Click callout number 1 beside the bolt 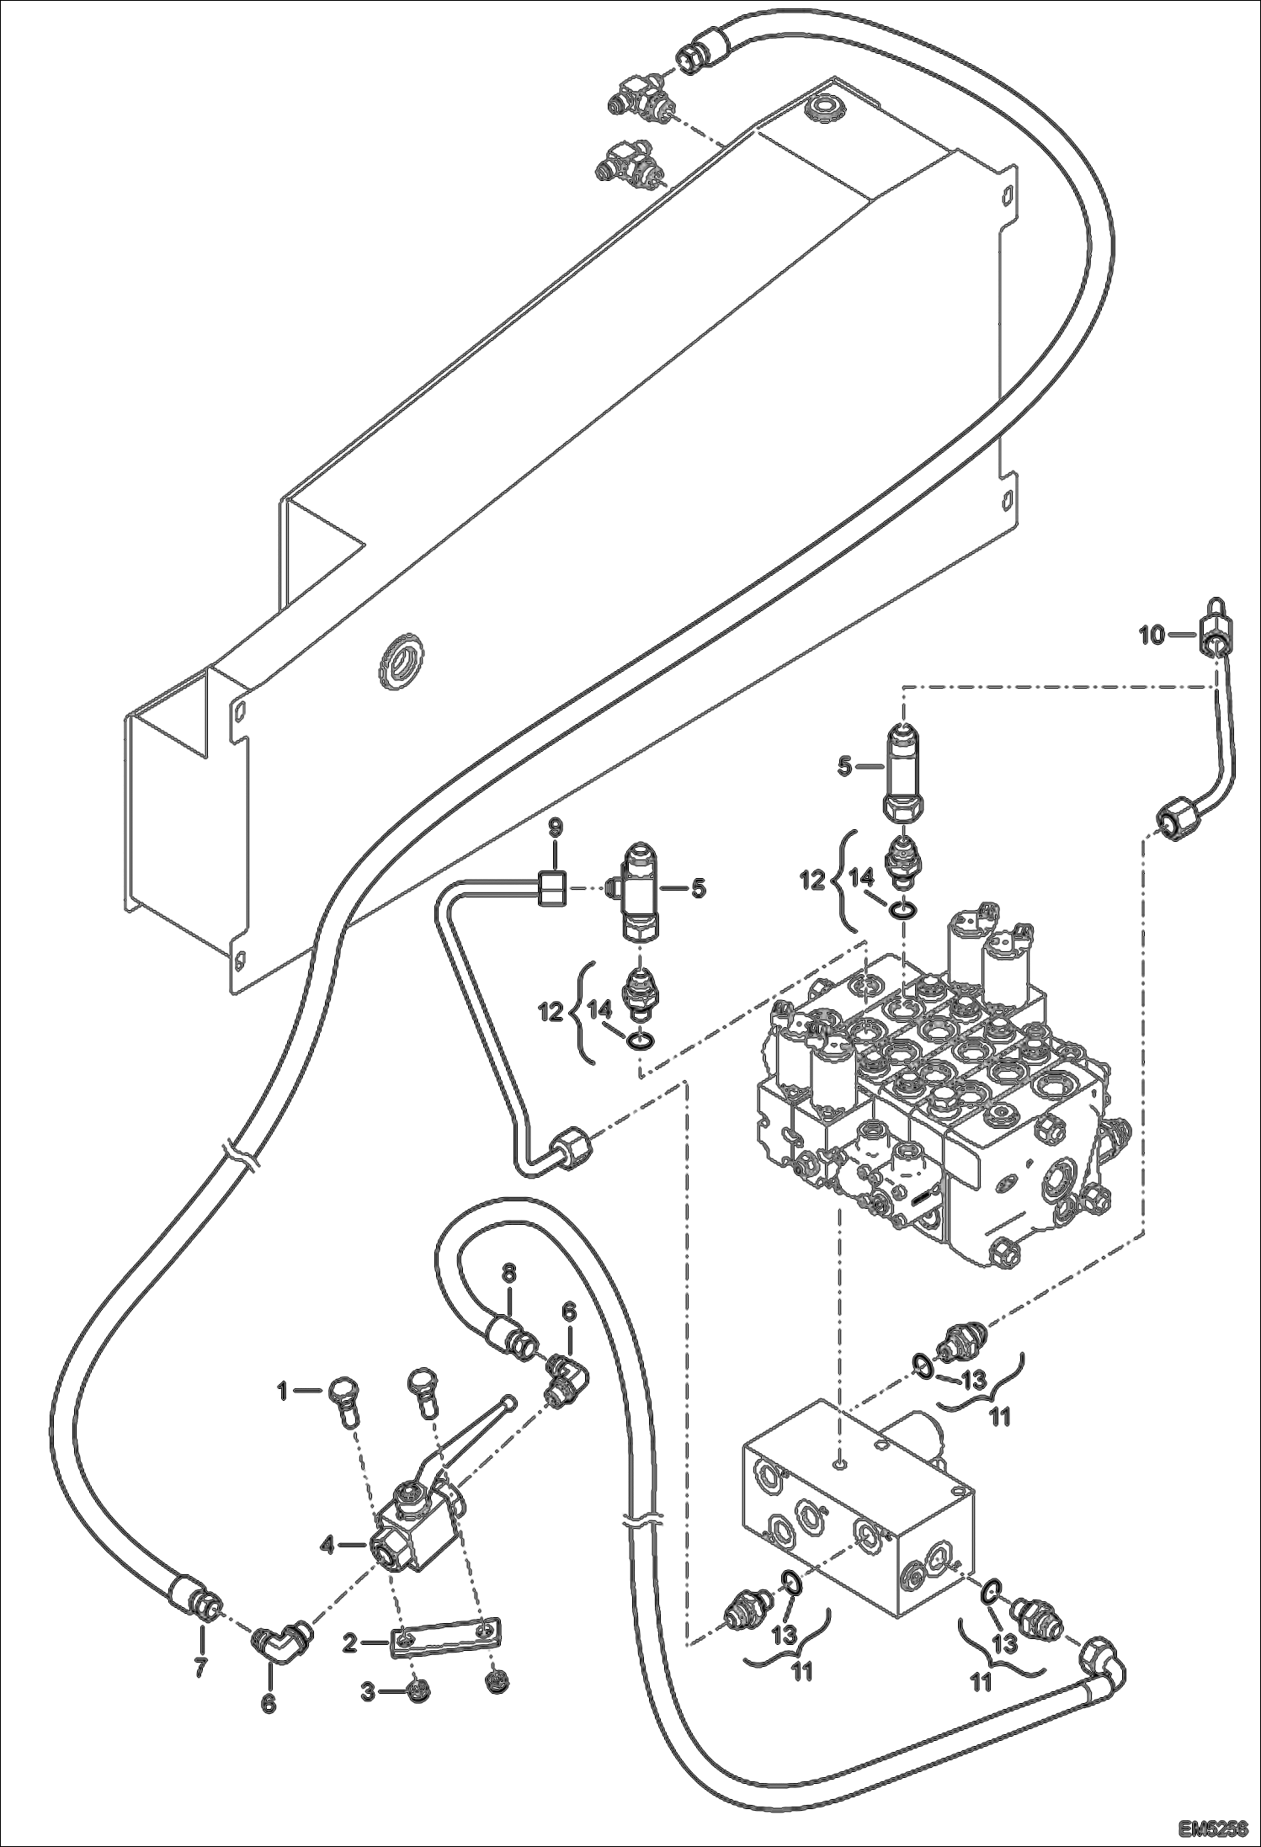(x=284, y=1392)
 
